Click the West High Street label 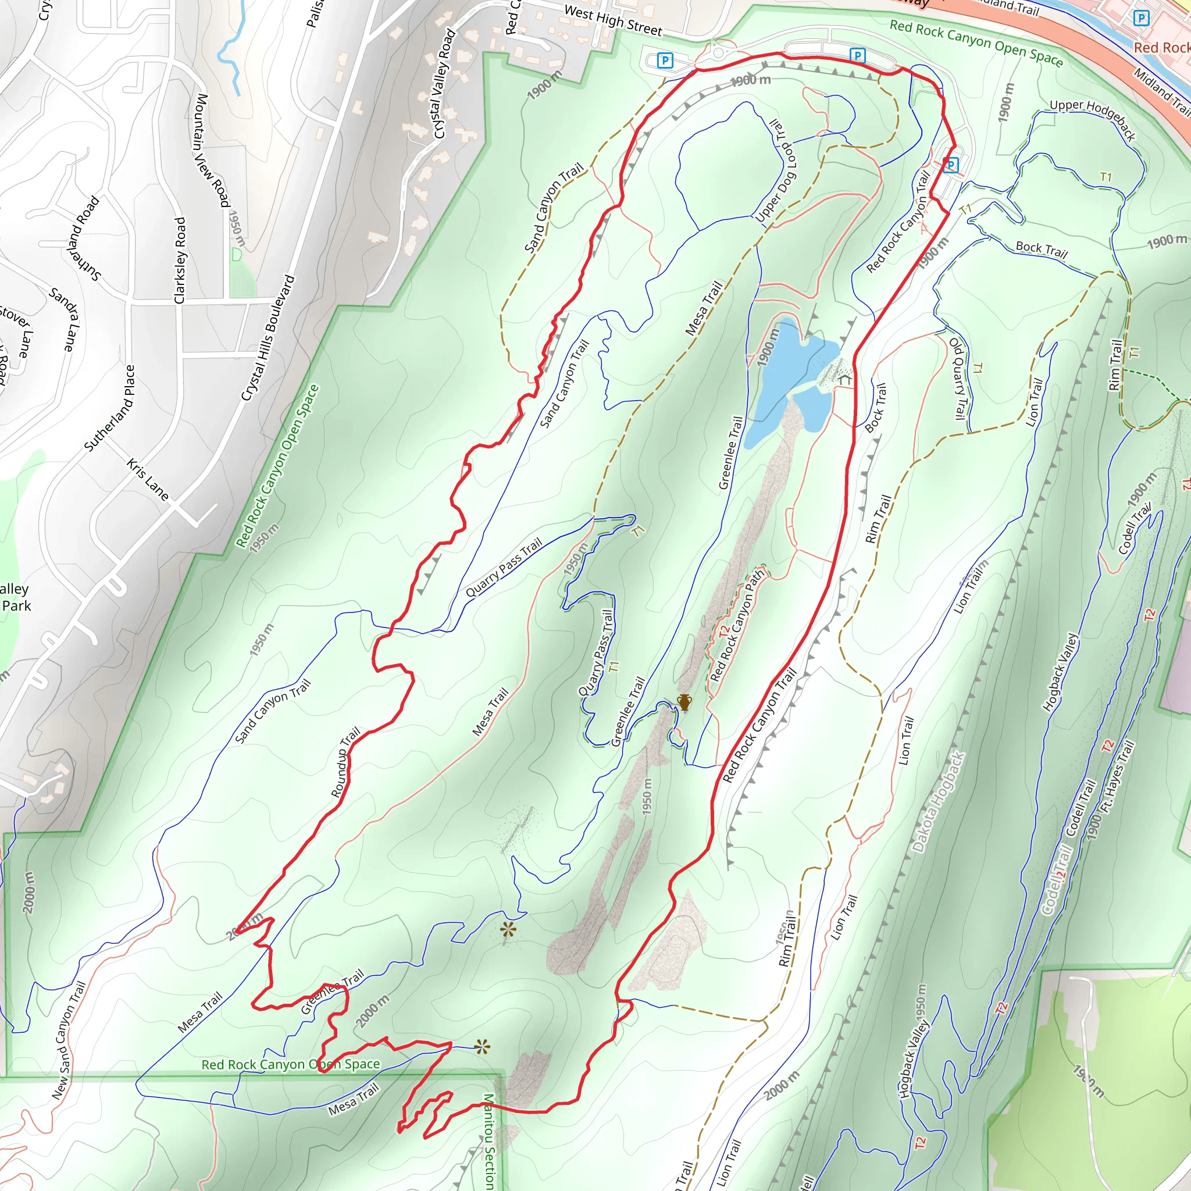pos(613,21)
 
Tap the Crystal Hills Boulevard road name pos(268,338)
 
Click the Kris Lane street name pos(148,480)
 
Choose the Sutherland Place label pos(110,408)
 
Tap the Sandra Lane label pos(65,319)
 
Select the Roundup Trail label pos(346,762)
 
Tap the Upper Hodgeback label pos(1092,119)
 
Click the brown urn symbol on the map pos(684,702)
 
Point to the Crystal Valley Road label pos(444,84)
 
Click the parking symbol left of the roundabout pos(665,60)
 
